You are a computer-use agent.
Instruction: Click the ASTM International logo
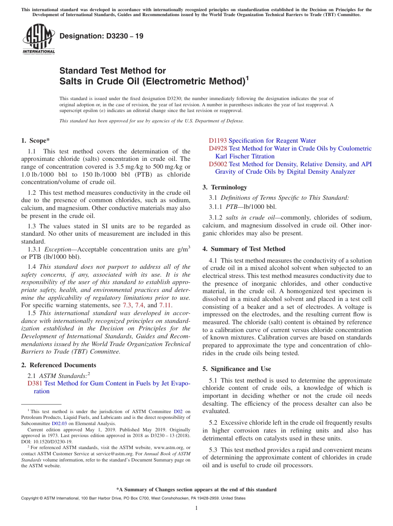pos(38,39)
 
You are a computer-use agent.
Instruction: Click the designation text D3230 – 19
pos(101,36)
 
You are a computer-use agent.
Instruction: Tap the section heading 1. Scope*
pos(36,141)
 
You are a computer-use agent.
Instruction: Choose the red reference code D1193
pos(218,141)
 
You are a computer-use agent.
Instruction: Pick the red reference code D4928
pos(218,148)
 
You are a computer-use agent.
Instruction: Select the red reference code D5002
pos(218,164)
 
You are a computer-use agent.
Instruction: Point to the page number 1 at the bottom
pos(196,508)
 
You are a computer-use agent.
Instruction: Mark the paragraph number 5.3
pos(215,450)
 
